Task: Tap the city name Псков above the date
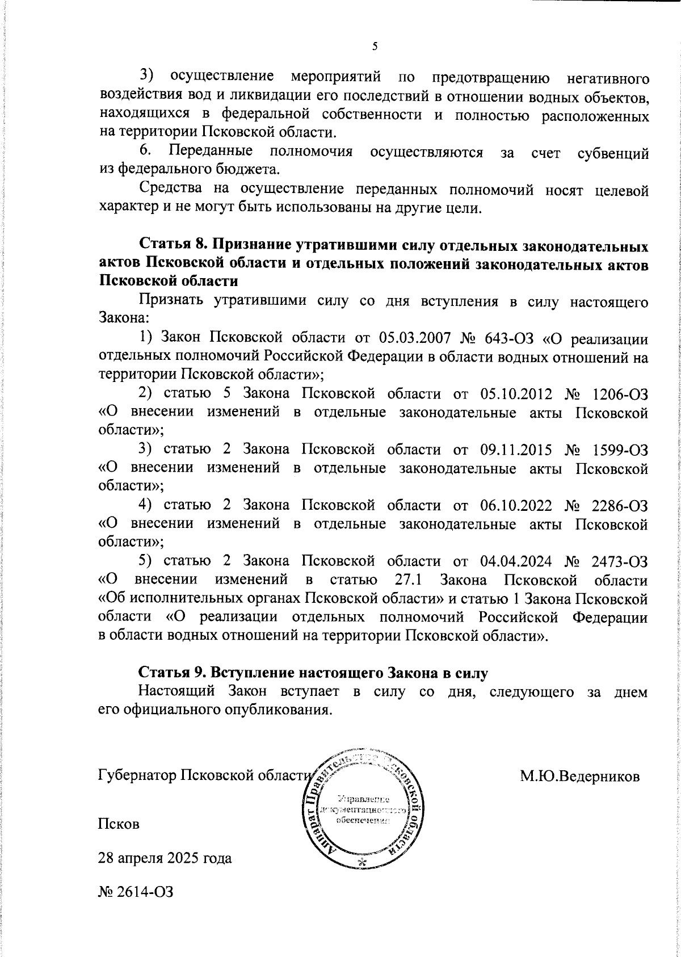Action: click(x=119, y=823)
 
